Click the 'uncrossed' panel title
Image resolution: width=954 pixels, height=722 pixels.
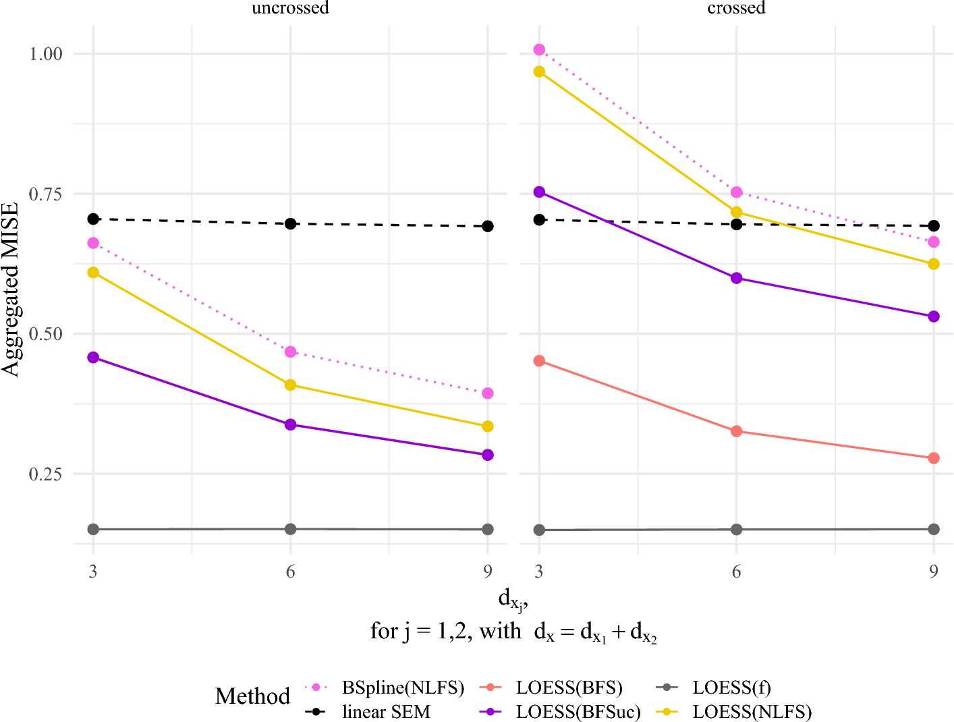tap(290, 7)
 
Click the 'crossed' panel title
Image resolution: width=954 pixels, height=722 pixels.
tap(736, 7)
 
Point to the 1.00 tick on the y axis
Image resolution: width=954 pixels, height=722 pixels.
tap(46, 54)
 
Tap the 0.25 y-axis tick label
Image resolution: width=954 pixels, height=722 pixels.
tap(46, 474)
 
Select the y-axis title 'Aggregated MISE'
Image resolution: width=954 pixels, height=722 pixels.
tap(9, 289)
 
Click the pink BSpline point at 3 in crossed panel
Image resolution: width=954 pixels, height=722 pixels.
tap(539, 49)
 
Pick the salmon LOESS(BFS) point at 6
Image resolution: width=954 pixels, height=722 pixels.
tap(736, 431)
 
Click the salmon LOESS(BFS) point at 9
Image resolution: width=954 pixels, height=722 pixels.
tap(934, 458)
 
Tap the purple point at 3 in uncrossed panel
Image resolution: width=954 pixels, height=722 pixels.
tap(93, 358)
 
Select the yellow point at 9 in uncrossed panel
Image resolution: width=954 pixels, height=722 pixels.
tap(488, 426)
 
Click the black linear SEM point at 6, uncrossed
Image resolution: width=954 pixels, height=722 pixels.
tap(290, 224)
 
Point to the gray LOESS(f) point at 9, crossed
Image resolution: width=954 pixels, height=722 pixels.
tap(934, 529)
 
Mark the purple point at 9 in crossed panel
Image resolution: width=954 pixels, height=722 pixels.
tap(934, 316)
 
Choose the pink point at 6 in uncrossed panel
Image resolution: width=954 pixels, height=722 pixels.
tap(290, 352)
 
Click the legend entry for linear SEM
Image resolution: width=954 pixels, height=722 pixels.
tap(368, 712)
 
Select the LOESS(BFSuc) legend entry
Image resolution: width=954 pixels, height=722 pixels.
tap(561, 712)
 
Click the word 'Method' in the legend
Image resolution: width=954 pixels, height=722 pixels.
tap(252, 696)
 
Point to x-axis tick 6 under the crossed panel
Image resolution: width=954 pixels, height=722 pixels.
tap(736, 571)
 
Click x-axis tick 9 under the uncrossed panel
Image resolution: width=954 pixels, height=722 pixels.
tap(488, 571)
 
